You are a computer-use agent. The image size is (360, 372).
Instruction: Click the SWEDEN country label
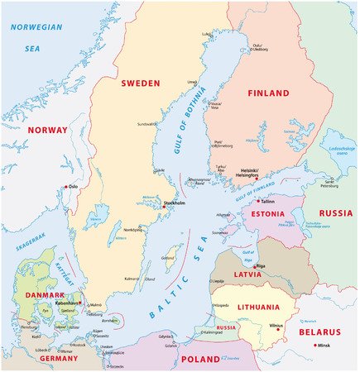pyautogui.click(x=140, y=83)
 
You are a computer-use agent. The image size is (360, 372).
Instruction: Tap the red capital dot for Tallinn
pyautogui.click(x=258, y=201)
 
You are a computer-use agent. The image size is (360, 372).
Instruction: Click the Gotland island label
pyautogui.click(x=167, y=258)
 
